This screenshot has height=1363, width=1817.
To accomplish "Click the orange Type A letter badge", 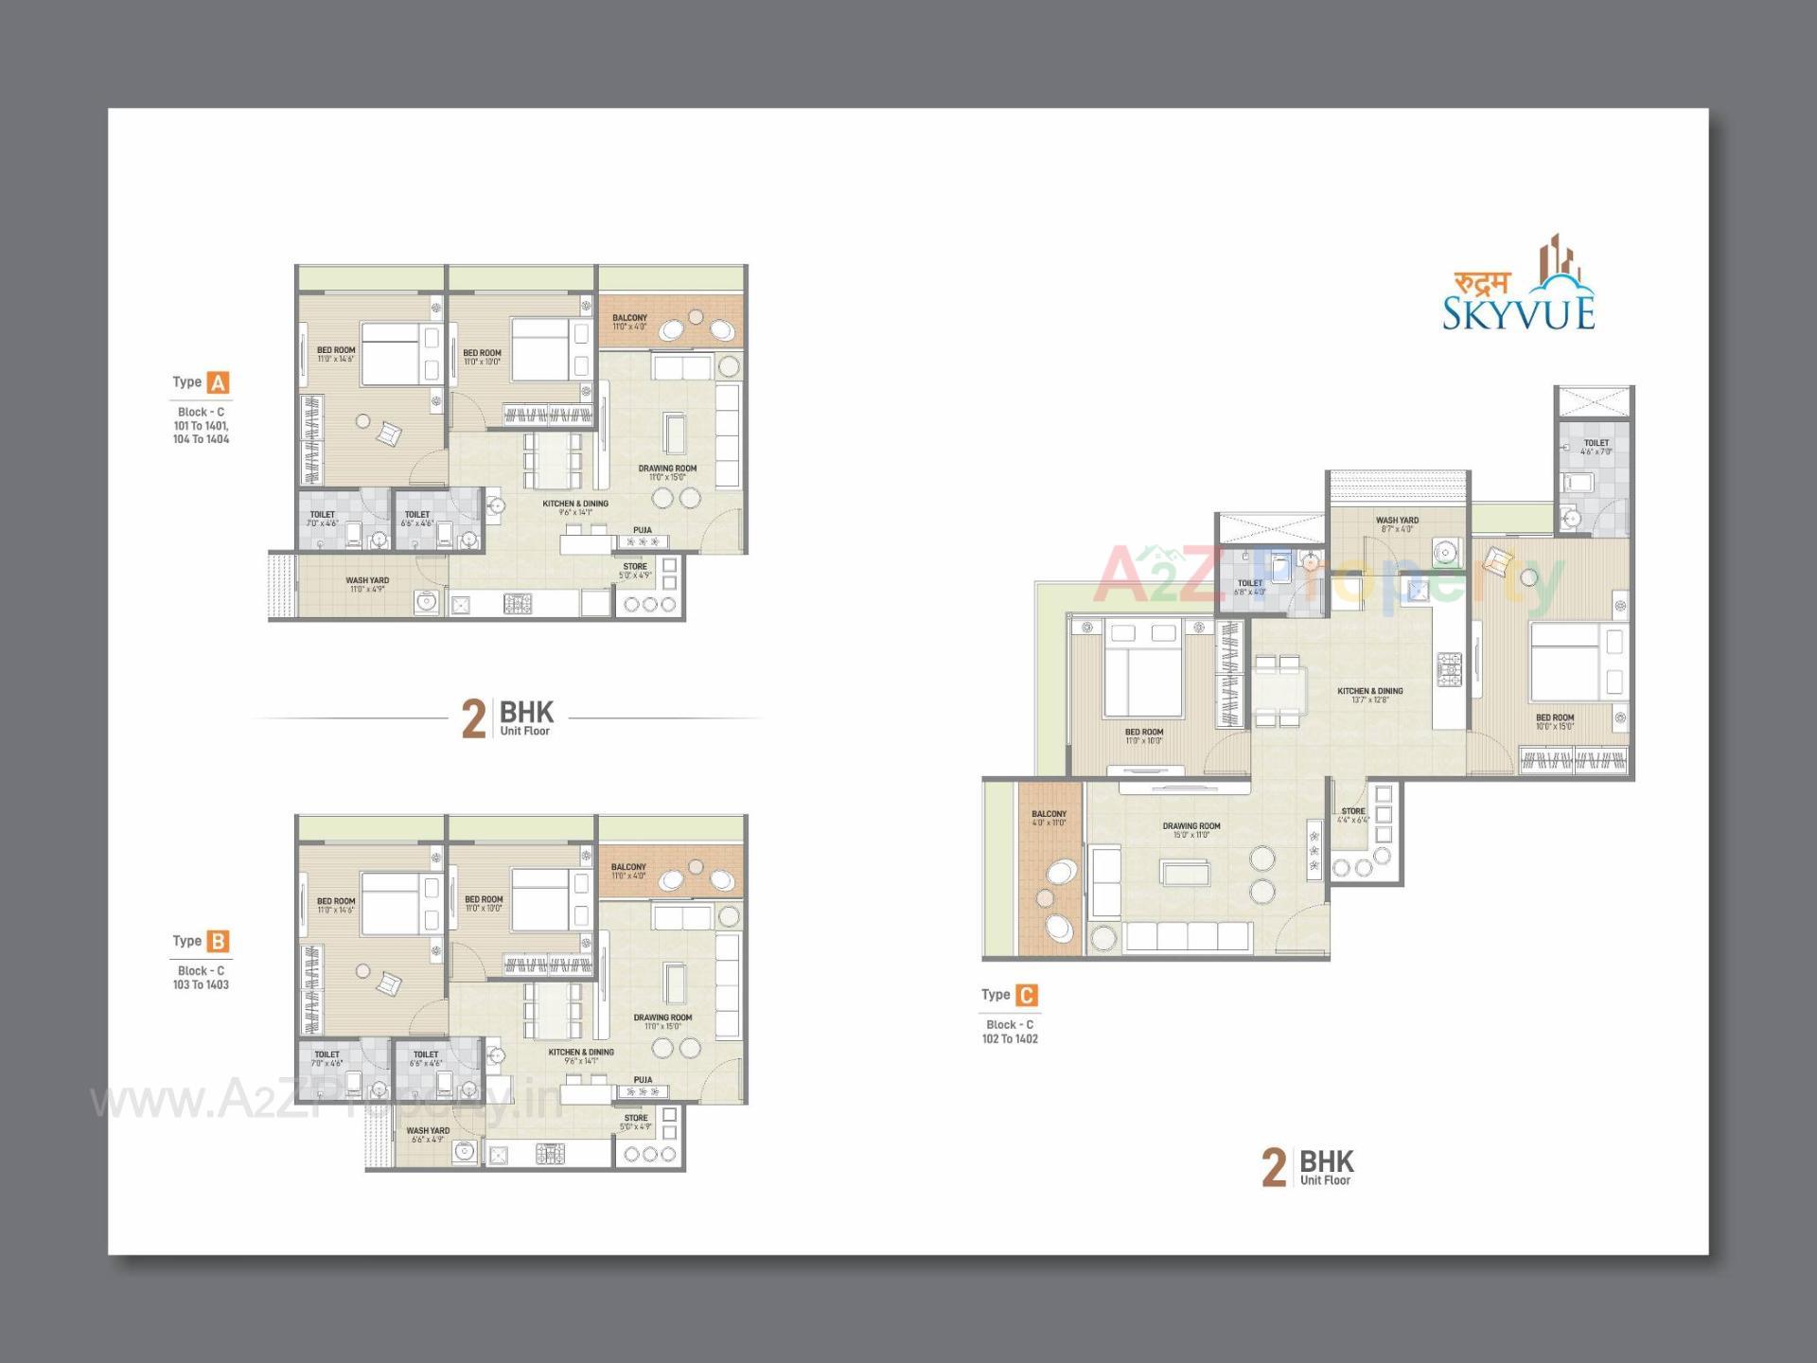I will (x=219, y=383).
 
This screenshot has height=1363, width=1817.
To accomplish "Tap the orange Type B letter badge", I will (x=219, y=942).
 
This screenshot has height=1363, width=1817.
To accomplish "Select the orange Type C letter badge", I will (x=1027, y=996).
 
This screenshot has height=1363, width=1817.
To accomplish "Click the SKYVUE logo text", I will (x=1518, y=312).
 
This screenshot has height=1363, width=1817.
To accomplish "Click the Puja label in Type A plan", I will (x=643, y=530).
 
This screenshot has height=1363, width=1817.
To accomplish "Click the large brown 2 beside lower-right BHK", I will (x=1274, y=1168).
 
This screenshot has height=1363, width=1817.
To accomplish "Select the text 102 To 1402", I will (x=1010, y=1039).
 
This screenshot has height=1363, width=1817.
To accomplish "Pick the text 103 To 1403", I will (x=201, y=985).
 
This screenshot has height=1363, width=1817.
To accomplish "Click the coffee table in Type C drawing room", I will (x=1186, y=872).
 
